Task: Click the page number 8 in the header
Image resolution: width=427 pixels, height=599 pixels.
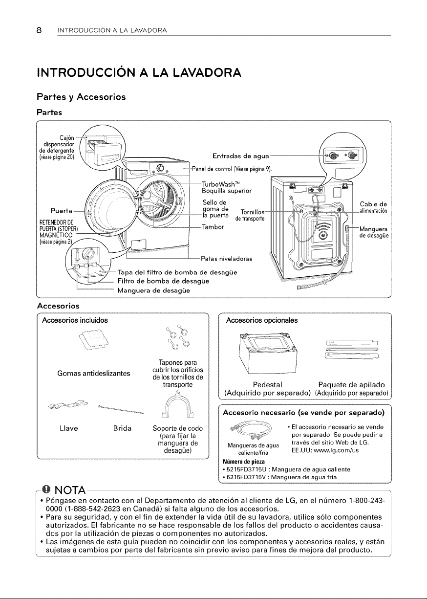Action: click(x=39, y=30)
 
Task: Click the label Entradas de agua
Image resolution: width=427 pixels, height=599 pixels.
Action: click(x=241, y=155)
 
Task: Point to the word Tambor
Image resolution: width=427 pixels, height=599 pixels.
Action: click(x=213, y=227)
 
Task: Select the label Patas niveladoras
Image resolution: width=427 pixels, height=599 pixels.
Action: click(x=227, y=259)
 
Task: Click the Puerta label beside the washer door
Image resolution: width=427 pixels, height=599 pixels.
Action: click(x=62, y=211)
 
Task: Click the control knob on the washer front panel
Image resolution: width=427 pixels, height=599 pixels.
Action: click(x=160, y=168)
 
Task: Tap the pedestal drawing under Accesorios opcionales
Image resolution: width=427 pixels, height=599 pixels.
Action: click(x=267, y=353)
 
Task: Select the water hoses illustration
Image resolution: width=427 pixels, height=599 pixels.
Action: click(x=251, y=430)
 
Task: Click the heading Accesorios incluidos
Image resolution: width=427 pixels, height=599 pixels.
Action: click(x=75, y=320)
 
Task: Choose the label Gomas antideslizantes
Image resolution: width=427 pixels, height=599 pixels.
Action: click(x=94, y=373)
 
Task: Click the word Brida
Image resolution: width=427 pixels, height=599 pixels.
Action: click(x=122, y=428)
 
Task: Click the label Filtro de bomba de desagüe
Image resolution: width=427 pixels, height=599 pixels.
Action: click(x=163, y=281)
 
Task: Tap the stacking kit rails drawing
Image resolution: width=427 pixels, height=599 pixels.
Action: click(x=352, y=349)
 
